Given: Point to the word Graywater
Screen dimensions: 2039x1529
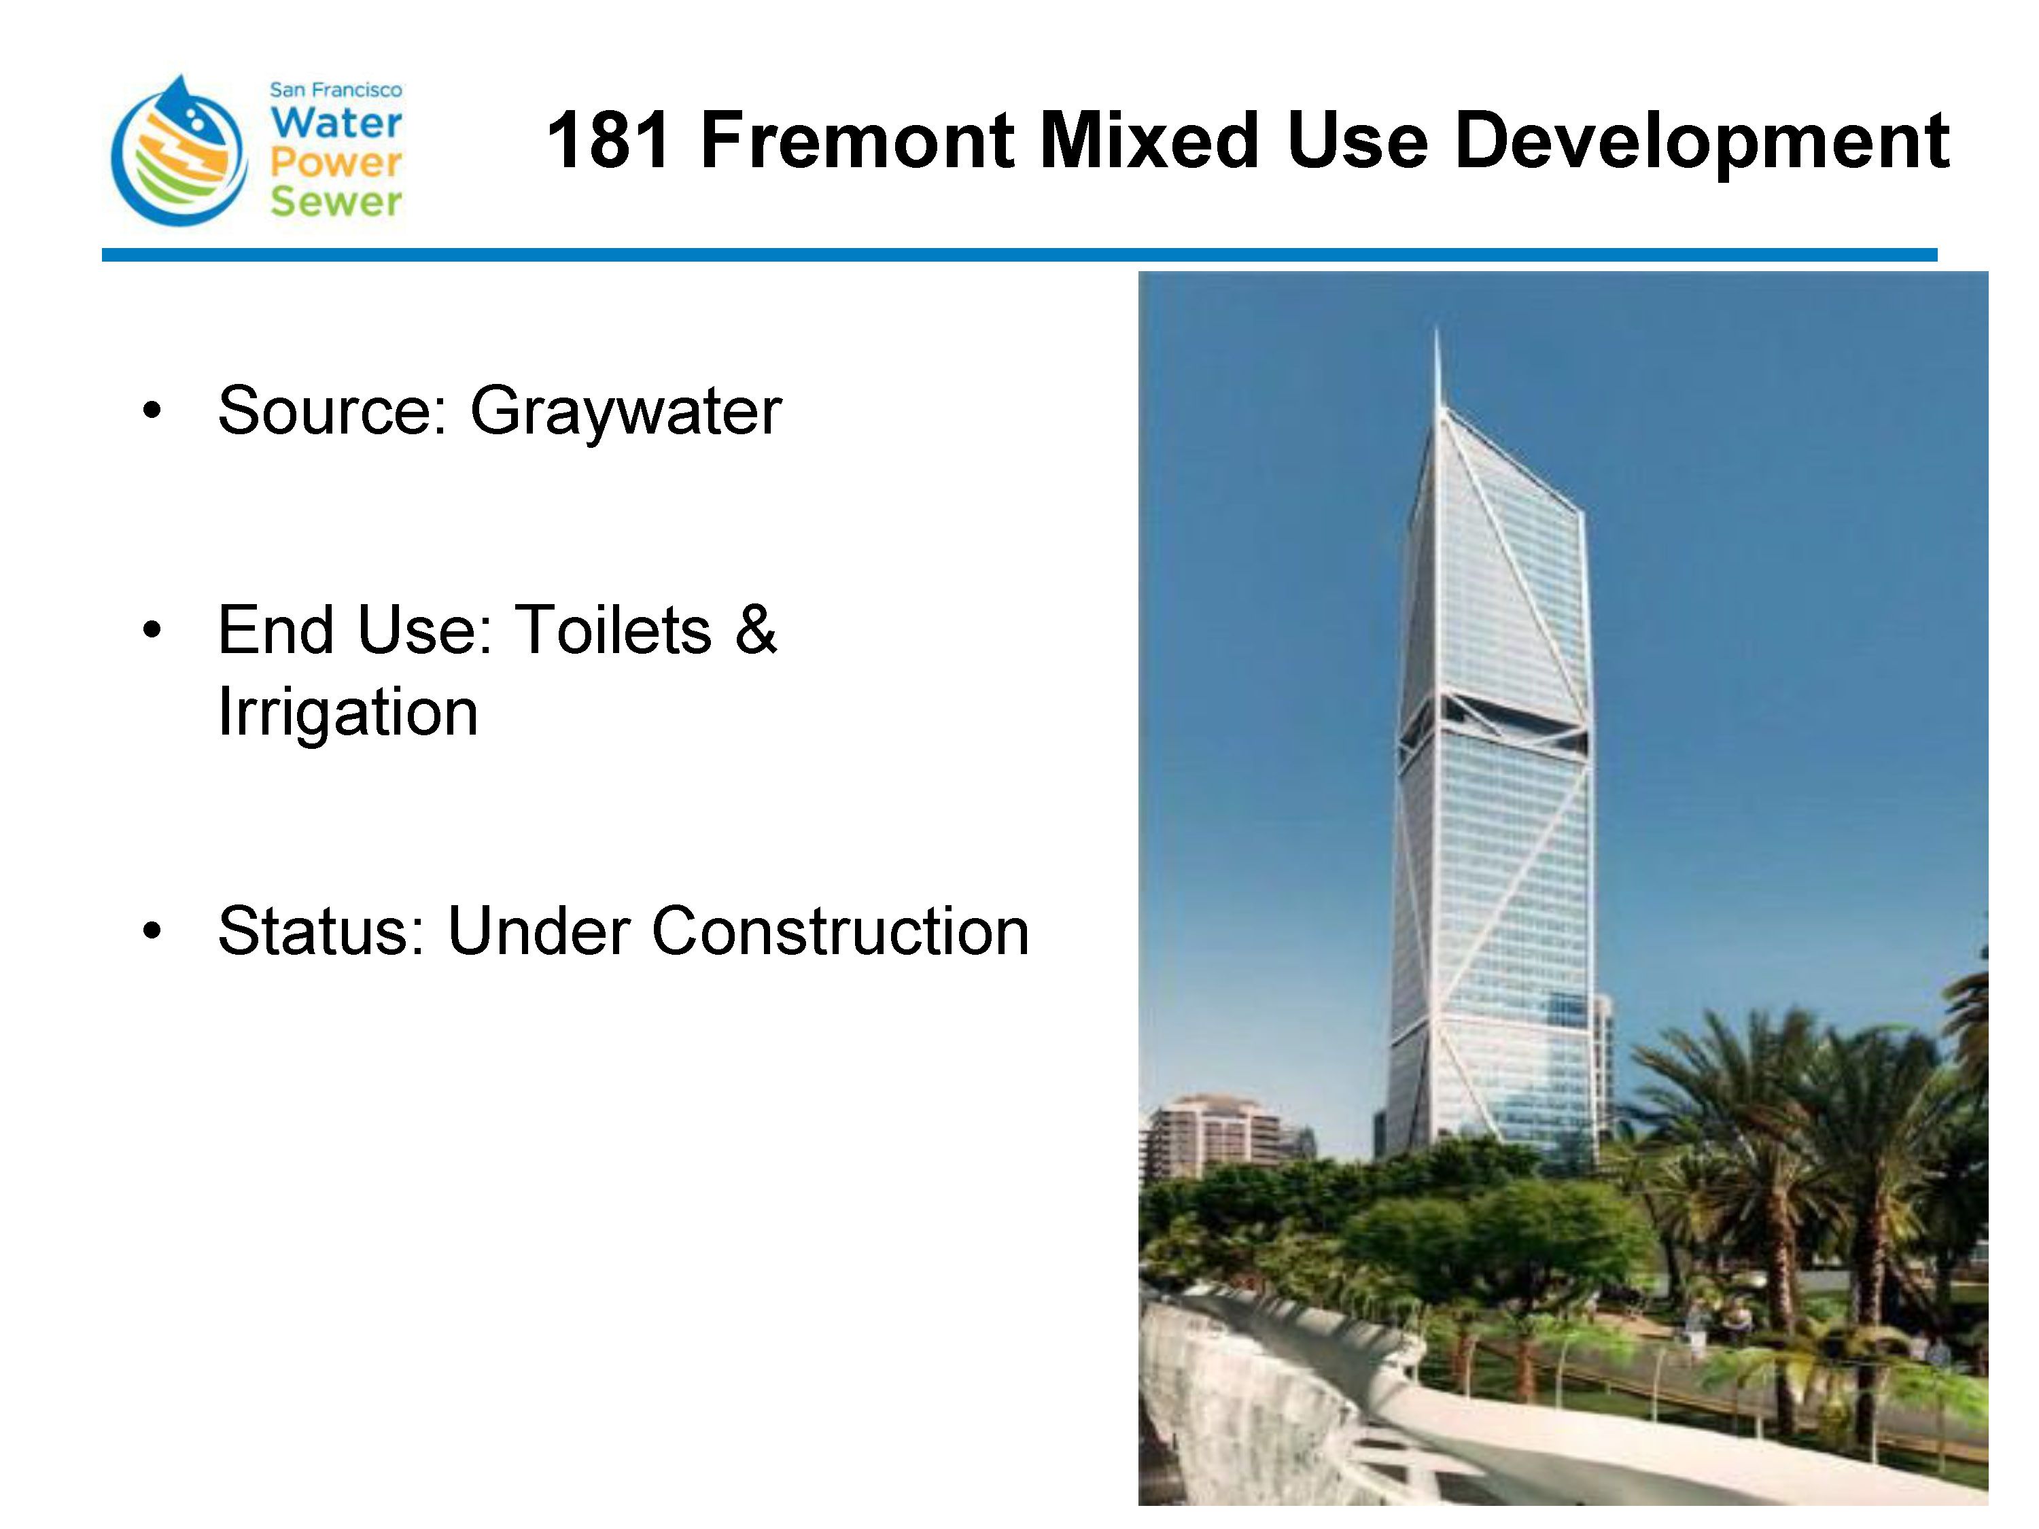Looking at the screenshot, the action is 626,411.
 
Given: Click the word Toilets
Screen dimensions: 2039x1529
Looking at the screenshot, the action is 613,631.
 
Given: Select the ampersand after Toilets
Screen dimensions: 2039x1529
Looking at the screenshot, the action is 756,631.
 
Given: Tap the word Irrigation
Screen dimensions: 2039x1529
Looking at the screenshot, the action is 347,712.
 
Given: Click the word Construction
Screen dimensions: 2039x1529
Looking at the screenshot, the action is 840,931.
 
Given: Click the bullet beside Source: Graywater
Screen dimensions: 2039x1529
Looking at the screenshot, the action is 152,411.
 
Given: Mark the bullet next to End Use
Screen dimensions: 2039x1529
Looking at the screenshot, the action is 152,631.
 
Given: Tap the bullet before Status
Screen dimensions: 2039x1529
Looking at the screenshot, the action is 152,931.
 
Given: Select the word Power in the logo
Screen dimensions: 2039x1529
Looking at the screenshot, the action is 336,164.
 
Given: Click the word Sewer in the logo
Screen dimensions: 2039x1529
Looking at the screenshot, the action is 336,201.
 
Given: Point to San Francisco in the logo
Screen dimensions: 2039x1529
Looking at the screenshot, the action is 336,90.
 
